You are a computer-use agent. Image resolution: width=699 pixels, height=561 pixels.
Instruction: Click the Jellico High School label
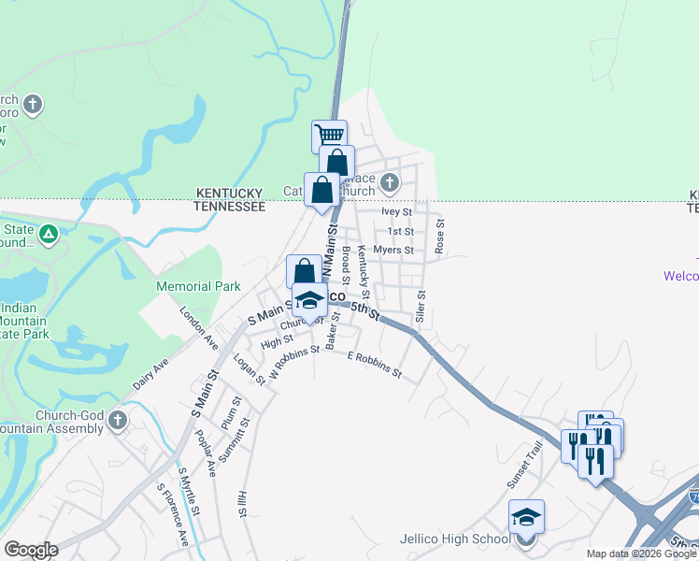click(454, 539)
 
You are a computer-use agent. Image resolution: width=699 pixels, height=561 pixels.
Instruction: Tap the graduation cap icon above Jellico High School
click(526, 517)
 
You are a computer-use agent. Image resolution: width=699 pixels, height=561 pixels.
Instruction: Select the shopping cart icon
click(329, 137)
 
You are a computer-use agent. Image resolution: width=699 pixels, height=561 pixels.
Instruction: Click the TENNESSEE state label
click(230, 207)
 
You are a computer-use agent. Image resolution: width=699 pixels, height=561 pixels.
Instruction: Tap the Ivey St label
click(397, 212)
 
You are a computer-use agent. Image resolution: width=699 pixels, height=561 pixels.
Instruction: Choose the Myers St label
click(392, 251)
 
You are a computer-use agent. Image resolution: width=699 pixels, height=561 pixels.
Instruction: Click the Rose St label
click(440, 235)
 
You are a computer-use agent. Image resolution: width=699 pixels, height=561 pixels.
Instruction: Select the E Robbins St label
click(374, 366)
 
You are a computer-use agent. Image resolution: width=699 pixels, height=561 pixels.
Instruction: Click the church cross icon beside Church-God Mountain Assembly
click(118, 419)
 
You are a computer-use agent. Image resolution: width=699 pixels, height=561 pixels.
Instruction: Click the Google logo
click(30, 550)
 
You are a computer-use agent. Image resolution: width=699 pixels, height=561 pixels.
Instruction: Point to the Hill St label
click(241, 505)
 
